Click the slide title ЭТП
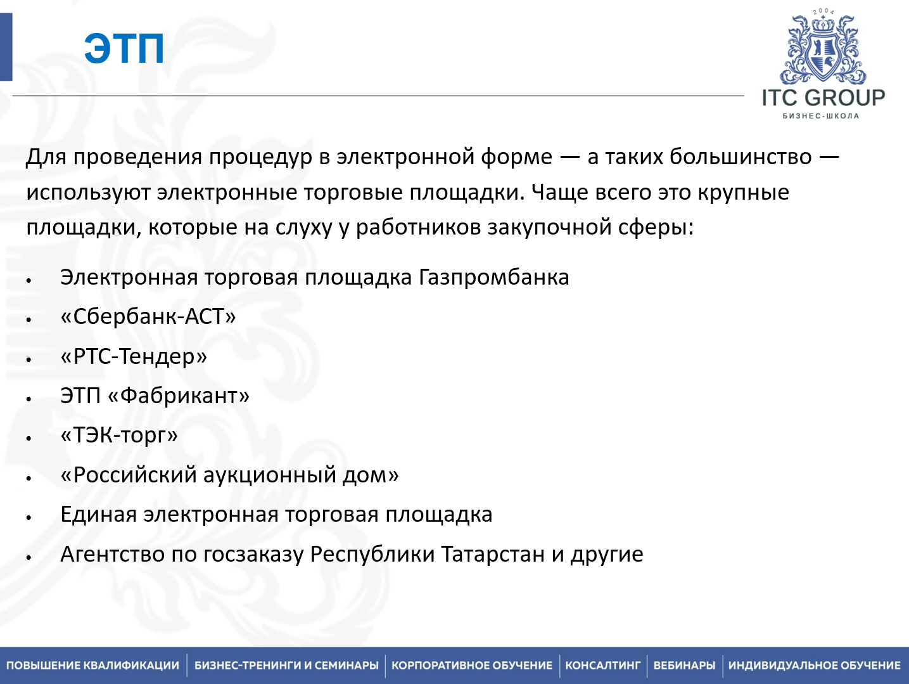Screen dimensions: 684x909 [x=124, y=48]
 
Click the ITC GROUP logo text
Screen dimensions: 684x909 [x=823, y=98]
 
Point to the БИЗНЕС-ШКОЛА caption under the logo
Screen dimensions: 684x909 [x=821, y=116]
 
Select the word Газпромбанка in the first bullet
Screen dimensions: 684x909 [x=493, y=278]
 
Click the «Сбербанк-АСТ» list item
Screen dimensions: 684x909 [x=148, y=316]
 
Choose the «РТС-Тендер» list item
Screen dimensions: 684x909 [x=134, y=356]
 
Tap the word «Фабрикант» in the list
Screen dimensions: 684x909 [x=179, y=396]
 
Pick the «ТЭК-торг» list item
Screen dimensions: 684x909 [x=119, y=436]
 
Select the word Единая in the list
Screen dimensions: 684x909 [x=98, y=515]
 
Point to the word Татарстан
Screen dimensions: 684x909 [x=492, y=555]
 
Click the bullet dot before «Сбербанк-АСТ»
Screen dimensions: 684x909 [x=29, y=319]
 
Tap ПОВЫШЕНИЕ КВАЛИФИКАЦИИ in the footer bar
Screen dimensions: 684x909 [x=93, y=666]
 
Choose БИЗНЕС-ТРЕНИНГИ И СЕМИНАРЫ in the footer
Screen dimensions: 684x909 [x=286, y=666]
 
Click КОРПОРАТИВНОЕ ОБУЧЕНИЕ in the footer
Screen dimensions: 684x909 [x=472, y=666]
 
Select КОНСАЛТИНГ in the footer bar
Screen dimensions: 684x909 [x=603, y=666]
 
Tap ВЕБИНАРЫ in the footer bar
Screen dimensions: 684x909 [x=684, y=666]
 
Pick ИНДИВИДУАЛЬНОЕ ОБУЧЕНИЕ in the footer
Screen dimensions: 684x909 [x=814, y=666]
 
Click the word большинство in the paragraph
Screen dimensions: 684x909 [x=740, y=157]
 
